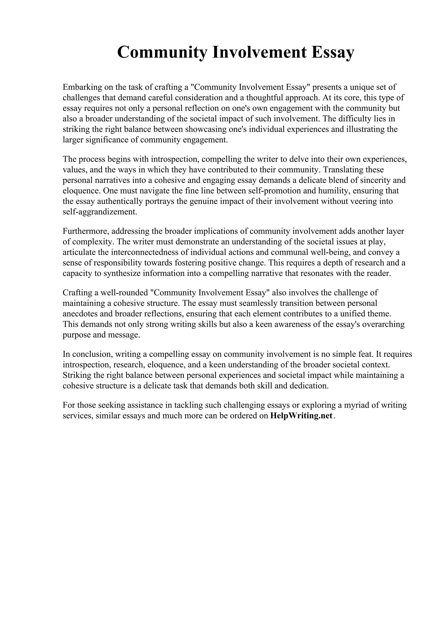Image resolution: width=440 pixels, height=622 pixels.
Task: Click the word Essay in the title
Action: tap(333, 52)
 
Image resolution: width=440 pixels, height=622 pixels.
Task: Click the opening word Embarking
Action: tap(83, 87)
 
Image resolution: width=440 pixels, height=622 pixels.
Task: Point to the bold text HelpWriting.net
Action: tap(301, 416)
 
